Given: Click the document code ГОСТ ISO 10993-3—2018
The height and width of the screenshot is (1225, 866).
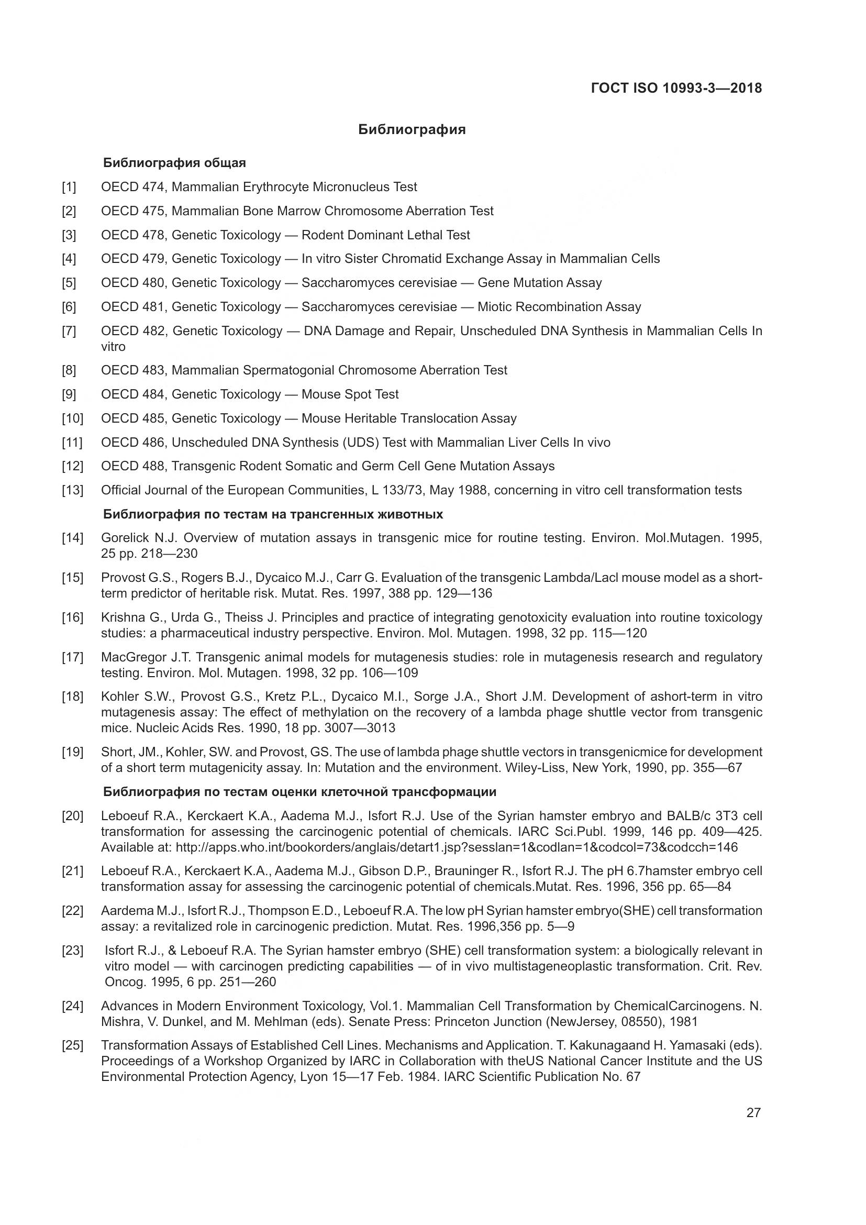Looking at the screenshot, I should [x=676, y=88].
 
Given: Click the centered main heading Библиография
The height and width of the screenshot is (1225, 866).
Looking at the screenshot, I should [x=412, y=130].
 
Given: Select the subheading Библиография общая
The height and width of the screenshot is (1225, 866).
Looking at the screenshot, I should [x=174, y=163].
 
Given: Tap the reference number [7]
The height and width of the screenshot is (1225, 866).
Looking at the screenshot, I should [x=69, y=331].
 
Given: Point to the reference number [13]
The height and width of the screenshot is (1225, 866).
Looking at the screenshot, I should [x=73, y=490].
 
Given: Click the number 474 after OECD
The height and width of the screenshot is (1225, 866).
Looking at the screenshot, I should [x=153, y=187].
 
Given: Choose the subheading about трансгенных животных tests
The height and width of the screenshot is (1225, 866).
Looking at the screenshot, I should [x=272, y=514].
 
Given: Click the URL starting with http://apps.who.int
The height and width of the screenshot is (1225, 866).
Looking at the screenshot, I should [x=457, y=847].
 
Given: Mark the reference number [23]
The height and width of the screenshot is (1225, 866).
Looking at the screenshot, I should [x=73, y=951].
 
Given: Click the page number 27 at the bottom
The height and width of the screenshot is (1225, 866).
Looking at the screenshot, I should [x=753, y=1113].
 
